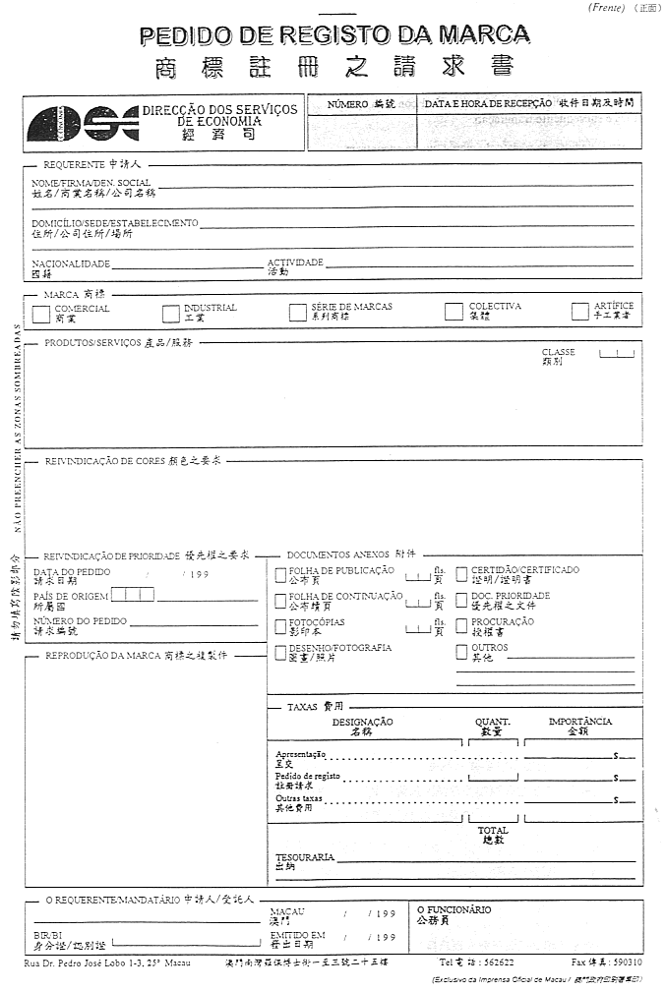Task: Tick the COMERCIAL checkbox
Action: pyautogui.click(x=41, y=315)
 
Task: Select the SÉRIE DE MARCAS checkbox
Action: pyautogui.click(x=298, y=313)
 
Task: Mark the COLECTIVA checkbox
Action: pyautogui.click(x=454, y=312)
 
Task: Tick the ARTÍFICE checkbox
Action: pyautogui.click(x=580, y=312)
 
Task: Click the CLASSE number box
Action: pyautogui.click(x=617, y=353)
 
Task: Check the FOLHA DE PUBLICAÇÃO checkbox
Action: pyautogui.click(x=281, y=575)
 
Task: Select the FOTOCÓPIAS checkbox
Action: pyautogui.click(x=281, y=626)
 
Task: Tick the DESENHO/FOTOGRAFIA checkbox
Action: pyautogui.click(x=281, y=652)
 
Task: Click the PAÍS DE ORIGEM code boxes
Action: pyautogui.click(x=133, y=594)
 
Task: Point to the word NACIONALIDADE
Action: pyautogui.click(x=71, y=264)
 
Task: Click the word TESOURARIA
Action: pyautogui.click(x=305, y=857)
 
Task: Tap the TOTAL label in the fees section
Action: pyautogui.click(x=493, y=831)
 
